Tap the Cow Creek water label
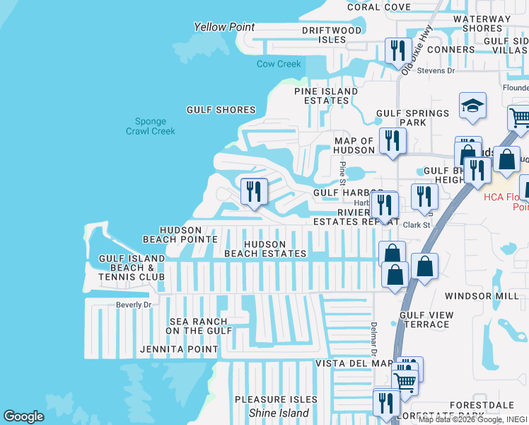point(279,64)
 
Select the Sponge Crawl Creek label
point(150,126)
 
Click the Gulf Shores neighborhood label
point(221,110)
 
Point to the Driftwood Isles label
point(332,35)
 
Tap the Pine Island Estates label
point(322,96)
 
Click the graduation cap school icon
point(472,107)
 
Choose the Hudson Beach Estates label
point(265,249)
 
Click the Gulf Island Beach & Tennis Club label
point(132,268)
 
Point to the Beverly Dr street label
point(134,305)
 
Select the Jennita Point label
point(179,349)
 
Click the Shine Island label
point(279,413)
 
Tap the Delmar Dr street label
point(373,338)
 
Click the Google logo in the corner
point(24,416)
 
